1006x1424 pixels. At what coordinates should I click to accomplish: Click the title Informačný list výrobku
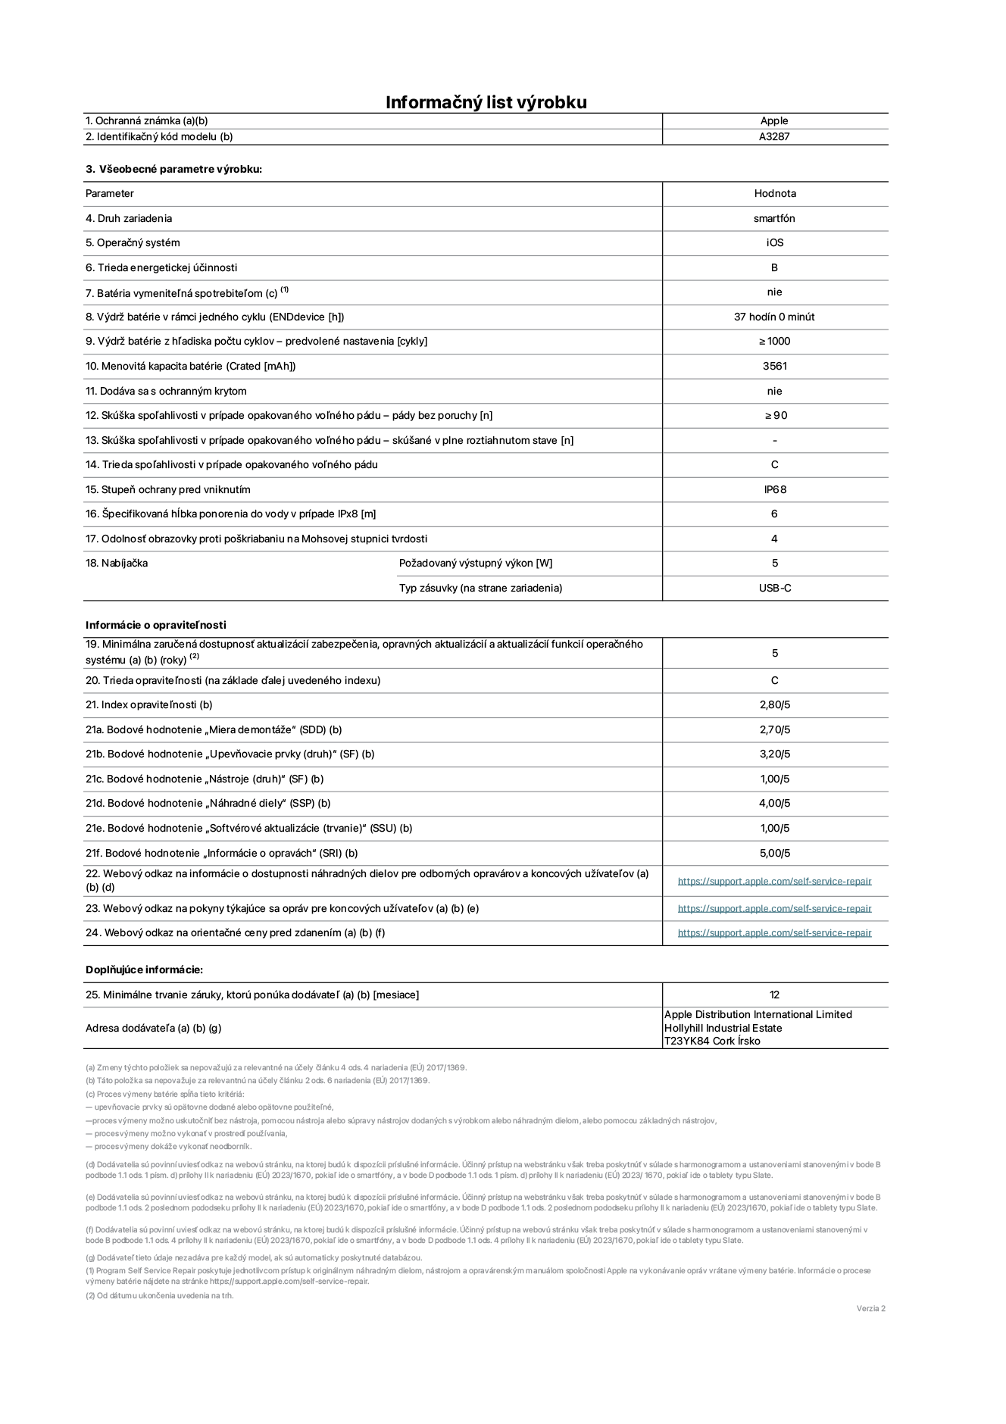pos(486,102)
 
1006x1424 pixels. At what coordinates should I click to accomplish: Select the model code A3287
pos(774,137)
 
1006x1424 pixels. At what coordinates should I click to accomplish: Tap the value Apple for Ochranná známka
pos(774,120)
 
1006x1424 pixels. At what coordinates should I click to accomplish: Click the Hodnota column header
pos(774,194)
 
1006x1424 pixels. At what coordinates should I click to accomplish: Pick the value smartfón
pos(774,218)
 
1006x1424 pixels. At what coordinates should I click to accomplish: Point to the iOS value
pos(774,243)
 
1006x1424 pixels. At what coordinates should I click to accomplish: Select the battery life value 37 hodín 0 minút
pos(774,317)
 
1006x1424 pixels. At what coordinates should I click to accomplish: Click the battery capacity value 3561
pos(774,366)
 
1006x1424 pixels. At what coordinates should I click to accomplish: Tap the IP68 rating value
pos(774,489)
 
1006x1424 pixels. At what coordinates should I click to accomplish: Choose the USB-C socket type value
pos(774,588)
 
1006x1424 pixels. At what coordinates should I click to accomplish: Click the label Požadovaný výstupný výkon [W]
pos(476,563)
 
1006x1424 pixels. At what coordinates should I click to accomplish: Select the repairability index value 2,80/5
pos(774,704)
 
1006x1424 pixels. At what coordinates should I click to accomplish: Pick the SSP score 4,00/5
pos(774,803)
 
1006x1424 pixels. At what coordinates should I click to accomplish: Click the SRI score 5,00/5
pos(774,853)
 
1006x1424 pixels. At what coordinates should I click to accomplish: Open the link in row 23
pos(774,908)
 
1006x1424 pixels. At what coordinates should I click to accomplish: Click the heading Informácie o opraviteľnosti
pos(155,625)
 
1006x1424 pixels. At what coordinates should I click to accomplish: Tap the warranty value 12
pos(774,995)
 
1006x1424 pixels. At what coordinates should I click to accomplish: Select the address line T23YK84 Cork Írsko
pos(712,1041)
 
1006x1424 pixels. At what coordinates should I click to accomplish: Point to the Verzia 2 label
pos(870,1308)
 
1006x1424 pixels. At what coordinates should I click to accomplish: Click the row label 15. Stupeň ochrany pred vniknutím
pos(167,489)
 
